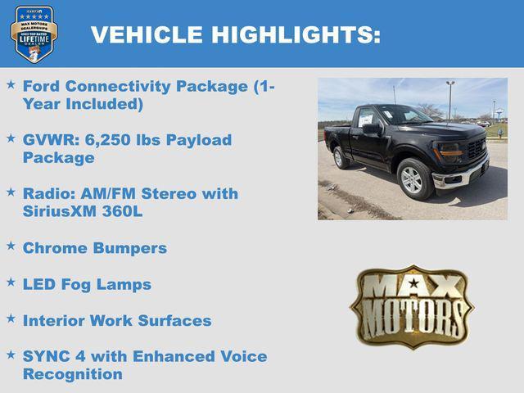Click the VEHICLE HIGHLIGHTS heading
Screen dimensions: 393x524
click(x=235, y=34)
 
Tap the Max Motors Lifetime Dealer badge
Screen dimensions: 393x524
click(x=34, y=34)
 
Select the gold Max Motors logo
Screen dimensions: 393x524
click(x=412, y=306)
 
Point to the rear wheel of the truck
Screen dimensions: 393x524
click(x=340, y=157)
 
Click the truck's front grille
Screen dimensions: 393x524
click(x=475, y=149)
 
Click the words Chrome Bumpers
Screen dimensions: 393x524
click(x=94, y=247)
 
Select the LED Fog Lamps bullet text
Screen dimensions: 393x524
click(x=87, y=284)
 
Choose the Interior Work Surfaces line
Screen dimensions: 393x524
click(x=117, y=321)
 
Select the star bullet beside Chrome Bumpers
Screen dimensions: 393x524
click(x=11, y=246)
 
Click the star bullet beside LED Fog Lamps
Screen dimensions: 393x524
click(x=11, y=282)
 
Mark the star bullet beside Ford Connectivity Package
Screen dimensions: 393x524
click(x=11, y=84)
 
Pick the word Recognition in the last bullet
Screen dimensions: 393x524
click(x=73, y=374)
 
